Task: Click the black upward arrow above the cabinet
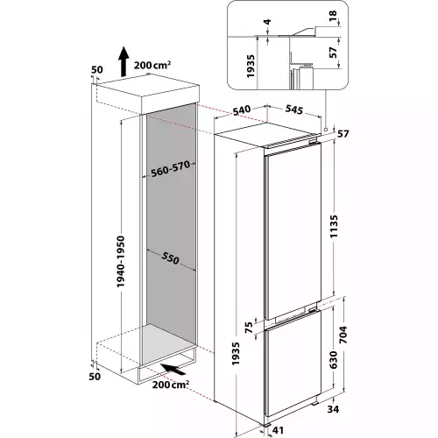tap(124, 61)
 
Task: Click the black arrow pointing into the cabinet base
tap(173, 369)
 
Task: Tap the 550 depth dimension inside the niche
tap(170, 257)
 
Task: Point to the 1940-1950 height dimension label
tap(120, 261)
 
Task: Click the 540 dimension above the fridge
tap(242, 110)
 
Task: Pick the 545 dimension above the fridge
tap(294, 109)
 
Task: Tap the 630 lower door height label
tap(333, 360)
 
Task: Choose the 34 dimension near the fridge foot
tap(333, 409)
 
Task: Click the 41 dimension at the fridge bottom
tap(278, 430)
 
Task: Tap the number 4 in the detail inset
tap(267, 22)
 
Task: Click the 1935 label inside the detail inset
tap(251, 66)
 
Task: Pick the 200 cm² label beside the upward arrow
tap(152, 65)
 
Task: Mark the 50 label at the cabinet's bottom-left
tap(95, 377)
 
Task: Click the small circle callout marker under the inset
tap(326, 130)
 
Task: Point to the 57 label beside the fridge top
tap(343, 134)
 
